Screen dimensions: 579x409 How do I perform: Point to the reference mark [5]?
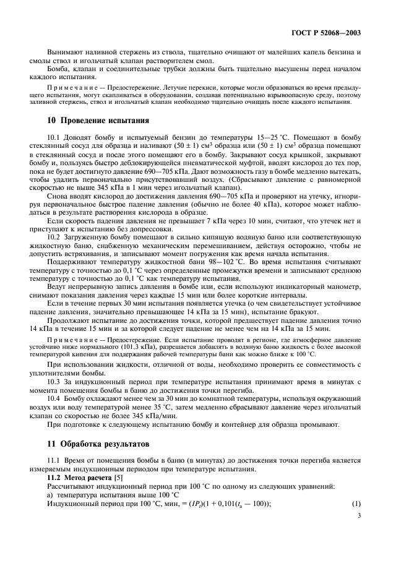click(116, 478)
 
